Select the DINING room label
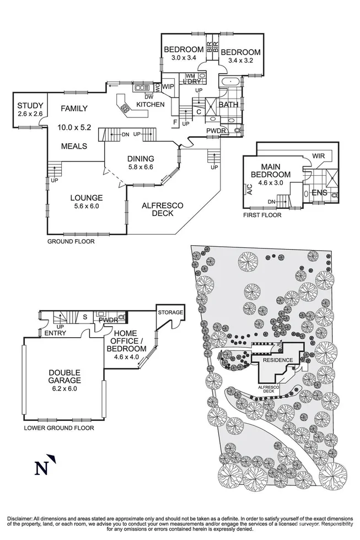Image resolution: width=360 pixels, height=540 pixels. pos(141,159)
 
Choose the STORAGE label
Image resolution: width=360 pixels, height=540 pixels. pos(170,313)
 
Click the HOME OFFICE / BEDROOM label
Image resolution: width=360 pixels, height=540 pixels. pos(131,341)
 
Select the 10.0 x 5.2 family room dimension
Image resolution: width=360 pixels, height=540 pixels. pos(74,127)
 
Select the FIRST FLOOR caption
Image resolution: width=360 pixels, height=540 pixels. pos(262,215)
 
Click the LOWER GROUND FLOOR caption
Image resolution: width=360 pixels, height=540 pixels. pos(58,428)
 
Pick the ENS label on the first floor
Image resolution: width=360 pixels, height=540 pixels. pos(320,192)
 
